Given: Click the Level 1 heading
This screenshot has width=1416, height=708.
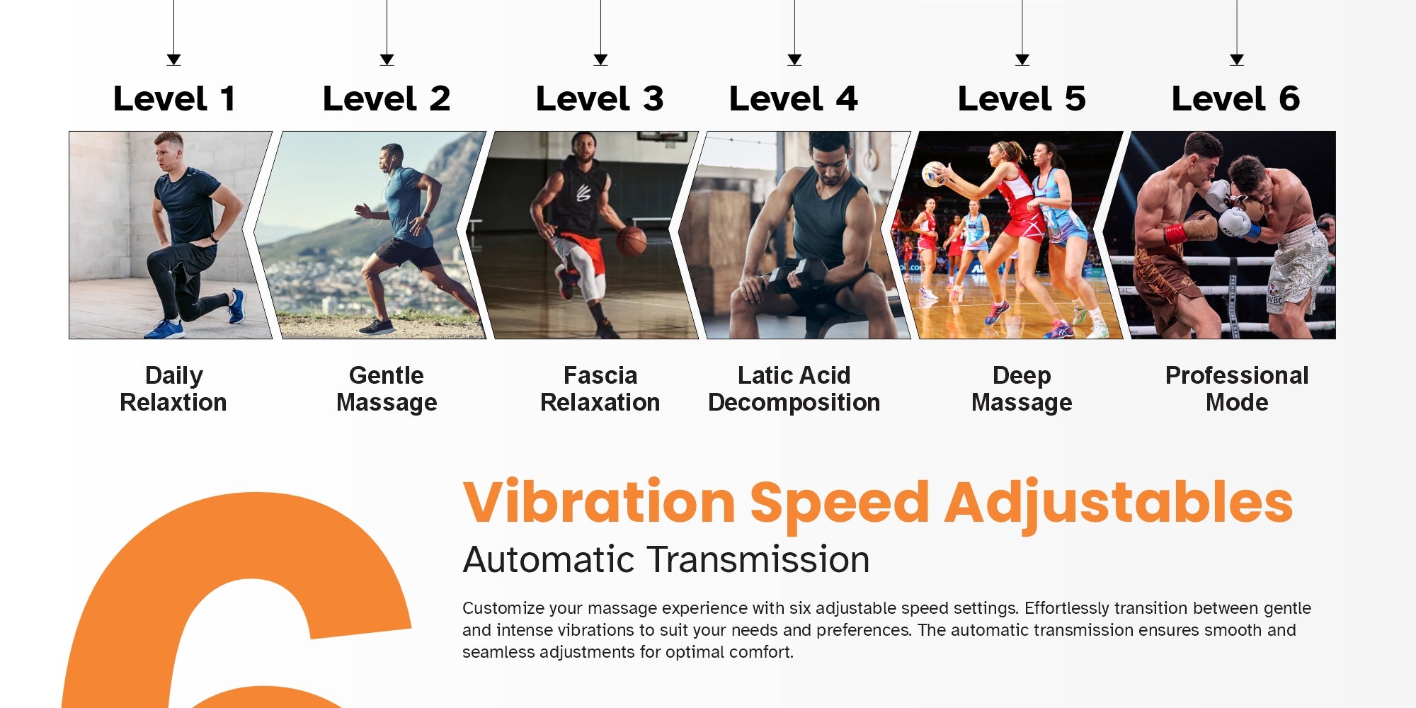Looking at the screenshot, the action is click(174, 98).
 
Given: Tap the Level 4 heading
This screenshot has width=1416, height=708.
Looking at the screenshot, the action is click(794, 98).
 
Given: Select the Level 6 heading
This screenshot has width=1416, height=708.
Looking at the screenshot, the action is click(1236, 98).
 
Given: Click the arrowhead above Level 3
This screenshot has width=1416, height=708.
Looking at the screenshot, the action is click(600, 59).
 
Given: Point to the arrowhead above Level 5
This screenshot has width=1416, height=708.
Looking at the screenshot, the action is click(1022, 59).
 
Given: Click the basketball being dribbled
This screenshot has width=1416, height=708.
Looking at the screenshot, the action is click(631, 241).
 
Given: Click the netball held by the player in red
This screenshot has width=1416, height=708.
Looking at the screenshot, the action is click(933, 173).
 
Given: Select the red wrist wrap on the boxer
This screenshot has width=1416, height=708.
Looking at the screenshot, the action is click(1175, 233).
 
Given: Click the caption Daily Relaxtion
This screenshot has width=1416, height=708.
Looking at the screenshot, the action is click(173, 389).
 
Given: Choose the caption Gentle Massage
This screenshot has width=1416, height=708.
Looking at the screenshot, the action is click(387, 389).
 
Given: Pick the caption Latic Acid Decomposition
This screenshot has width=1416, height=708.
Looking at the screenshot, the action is click(794, 389).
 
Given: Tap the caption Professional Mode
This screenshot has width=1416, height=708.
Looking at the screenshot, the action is click(1237, 389).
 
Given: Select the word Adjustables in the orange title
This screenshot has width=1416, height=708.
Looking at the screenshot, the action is click(1119, 504).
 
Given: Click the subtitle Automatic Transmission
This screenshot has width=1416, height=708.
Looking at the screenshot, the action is click(666, 559).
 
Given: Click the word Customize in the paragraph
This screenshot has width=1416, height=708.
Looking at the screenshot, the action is click(503, 608).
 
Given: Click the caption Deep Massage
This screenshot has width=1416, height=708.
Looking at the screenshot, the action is click(1022, 389).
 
